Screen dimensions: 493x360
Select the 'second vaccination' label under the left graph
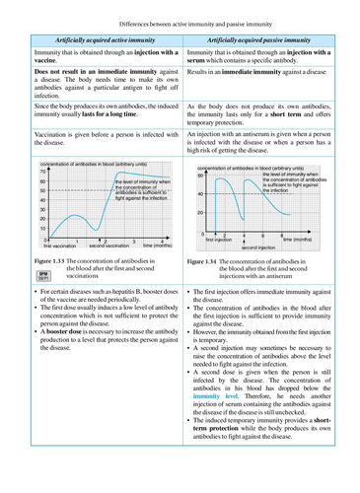109,246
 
